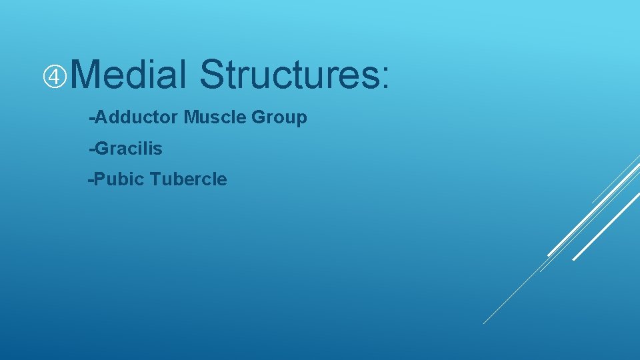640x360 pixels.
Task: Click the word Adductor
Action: point(137,118)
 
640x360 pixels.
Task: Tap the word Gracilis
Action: point(129,149)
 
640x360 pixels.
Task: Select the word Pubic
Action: point(121,179)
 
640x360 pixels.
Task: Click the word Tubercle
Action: point(189,179)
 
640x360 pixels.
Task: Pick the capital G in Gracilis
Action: point(103,149)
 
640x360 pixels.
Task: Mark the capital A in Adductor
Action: point(102,118)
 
